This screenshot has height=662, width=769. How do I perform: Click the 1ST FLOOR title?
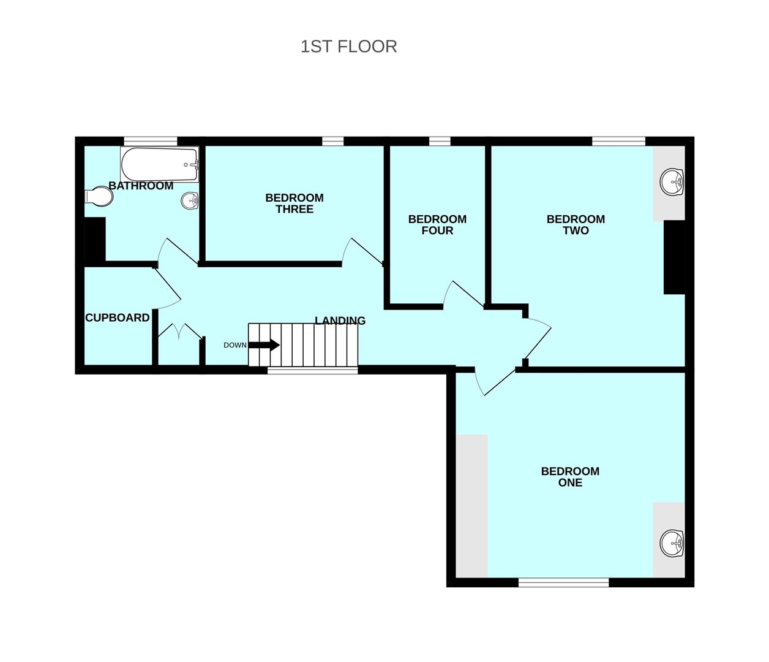[348, 47]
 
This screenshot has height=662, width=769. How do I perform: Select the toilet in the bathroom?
[99, 197]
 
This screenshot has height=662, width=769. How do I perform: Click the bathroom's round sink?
[190, 200]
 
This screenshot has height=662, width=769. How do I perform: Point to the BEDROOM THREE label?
[294, 204]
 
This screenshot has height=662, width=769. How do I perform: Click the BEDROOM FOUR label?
[437, 225]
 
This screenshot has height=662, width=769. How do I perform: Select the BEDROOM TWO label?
[576, 225]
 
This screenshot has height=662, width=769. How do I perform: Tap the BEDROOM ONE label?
[570, 477]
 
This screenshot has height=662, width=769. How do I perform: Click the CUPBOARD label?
[117, 318]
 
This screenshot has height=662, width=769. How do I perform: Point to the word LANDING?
[340, 321]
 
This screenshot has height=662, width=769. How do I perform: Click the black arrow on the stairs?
[264, 345]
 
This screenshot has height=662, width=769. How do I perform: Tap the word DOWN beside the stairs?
[235, 345]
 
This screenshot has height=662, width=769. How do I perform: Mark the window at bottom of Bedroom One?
[563, 582]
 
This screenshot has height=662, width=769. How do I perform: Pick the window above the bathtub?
[151, 142]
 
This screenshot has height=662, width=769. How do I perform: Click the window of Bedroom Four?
[440, 142]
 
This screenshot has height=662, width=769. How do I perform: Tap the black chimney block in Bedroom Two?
[674, 257]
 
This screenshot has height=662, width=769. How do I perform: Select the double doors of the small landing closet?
[179, 333]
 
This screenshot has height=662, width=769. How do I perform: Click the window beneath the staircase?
[312, 370]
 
